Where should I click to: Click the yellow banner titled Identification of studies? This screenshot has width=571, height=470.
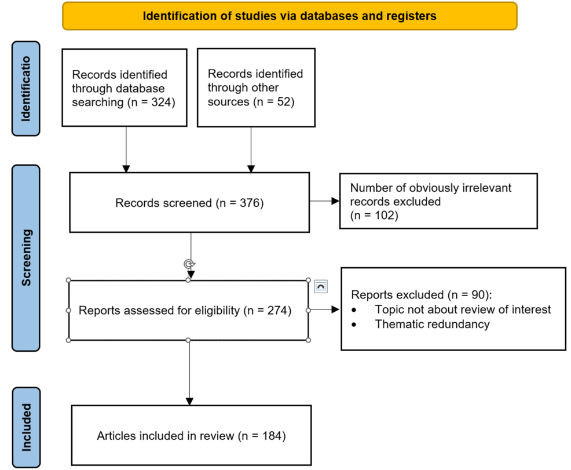290,16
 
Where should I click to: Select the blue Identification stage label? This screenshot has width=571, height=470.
26,89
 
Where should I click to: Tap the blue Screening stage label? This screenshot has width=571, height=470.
26,258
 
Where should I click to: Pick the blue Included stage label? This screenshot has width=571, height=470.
26,428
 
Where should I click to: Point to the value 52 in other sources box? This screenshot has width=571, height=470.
284,101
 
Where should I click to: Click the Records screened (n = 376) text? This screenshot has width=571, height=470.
189,203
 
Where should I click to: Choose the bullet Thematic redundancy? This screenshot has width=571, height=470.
432,324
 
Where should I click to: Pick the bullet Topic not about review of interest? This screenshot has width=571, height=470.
463,309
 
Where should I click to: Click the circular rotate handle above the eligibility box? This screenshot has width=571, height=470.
188,264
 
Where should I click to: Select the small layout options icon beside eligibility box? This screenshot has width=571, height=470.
321,286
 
